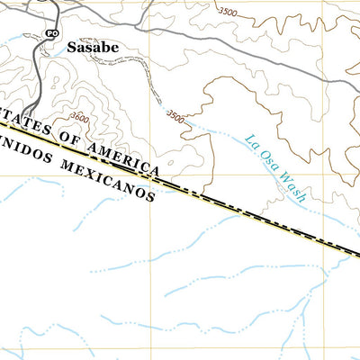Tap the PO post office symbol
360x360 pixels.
point(51,33)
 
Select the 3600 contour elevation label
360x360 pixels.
point(80,117)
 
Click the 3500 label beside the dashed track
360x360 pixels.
point(176,116)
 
